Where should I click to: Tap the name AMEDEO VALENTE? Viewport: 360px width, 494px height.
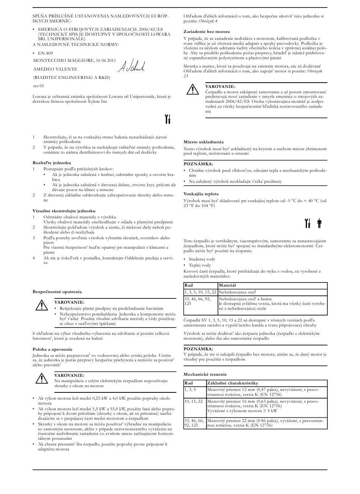pyautogui.click(x=55, y=69)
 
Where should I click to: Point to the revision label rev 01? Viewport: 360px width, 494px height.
pyautogui.click(x=39, y=86)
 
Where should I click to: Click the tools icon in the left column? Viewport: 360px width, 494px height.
pyautogui.click(x=168, y=119)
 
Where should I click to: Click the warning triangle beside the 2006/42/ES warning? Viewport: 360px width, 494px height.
pyautogui.click(x=193, y=89)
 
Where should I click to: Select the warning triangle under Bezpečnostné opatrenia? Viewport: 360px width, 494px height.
pyautogui.click(x=40, y=305)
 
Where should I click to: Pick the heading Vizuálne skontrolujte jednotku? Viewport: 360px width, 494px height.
pyautogui.click(x=64, y=210)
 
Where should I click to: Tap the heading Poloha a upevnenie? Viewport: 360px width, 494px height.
pyautogui.click(x=52, y=349)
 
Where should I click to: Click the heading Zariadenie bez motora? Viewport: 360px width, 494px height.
pyautogui.click(x=207, y=31)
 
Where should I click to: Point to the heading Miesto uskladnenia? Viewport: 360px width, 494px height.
pyautogui.click(x=203, y=142)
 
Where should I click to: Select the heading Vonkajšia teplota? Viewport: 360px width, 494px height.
pyautogui.click(x=201, y=194)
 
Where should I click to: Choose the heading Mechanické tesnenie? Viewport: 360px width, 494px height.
pyautogui.click(x=205, y=374)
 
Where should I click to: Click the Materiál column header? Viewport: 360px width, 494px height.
pyautogui.click(x=227, y=285)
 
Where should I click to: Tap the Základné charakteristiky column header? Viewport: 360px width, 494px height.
pyautogui.click(x=232, y=383)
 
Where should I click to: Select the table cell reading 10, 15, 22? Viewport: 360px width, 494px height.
pyautogui.click(x=193, y=401)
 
